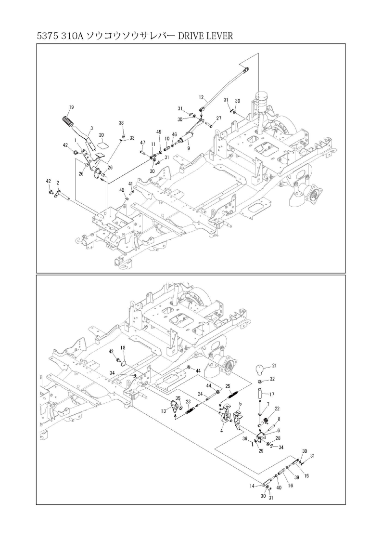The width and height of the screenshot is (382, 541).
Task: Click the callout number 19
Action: [71, 106]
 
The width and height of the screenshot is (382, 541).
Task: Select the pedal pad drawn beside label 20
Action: [102, 143]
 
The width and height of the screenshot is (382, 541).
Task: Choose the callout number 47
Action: [142, 143]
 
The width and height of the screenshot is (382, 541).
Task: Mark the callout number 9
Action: [188, 148]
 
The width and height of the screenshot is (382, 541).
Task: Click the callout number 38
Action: [121, 123]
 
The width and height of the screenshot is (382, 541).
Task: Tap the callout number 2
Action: [58, 183]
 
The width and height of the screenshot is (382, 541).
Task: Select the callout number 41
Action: [130, 184]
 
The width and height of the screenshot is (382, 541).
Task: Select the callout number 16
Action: [290, 487]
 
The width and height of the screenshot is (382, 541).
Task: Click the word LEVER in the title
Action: [213, 36]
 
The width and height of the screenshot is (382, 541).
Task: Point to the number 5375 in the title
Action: [47, 36]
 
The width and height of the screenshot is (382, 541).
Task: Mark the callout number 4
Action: [221, 430]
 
